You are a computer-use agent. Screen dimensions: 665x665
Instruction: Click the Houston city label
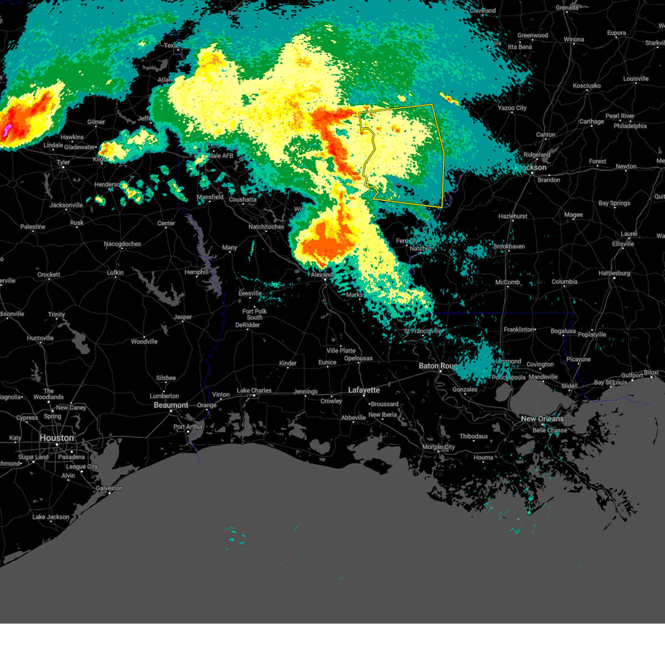56,438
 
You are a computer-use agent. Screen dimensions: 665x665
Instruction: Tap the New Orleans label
541,419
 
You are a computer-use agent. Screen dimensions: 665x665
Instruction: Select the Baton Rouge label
438,366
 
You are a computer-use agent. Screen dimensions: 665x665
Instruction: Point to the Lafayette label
364,390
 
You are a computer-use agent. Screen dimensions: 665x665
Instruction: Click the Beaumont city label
171,405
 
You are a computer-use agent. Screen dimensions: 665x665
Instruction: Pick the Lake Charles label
254,391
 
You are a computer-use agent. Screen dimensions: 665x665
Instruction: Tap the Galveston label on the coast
109,488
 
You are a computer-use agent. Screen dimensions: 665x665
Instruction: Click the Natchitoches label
266,227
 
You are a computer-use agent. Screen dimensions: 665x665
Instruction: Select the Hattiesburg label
614,273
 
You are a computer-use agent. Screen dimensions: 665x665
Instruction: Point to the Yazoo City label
512,108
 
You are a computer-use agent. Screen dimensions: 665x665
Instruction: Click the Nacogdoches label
122,244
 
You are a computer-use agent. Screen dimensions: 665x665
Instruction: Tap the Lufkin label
115,273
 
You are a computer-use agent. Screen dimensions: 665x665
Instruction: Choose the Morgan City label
438,447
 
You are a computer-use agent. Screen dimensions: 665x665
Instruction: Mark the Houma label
483,457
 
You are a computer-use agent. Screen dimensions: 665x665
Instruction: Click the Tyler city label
63,162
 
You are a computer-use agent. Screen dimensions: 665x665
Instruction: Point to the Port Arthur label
188,427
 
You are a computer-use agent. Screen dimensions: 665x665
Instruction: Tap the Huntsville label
40,338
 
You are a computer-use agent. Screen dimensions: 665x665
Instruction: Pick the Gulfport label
632,375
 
